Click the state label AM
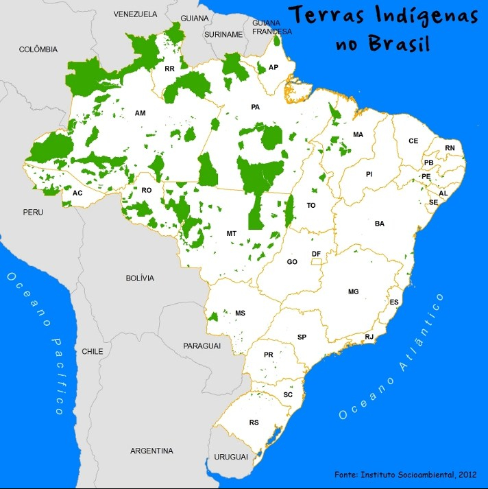141,113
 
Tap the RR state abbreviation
169,69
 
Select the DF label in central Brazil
316,254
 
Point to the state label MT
232,234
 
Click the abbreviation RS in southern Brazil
254,422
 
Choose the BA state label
379,224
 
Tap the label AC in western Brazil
77,193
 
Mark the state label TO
311,206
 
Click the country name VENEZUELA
135,14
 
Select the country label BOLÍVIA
140,278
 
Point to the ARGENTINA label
151,451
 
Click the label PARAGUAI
202,346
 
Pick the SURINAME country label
223,34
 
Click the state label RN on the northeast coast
450,148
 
